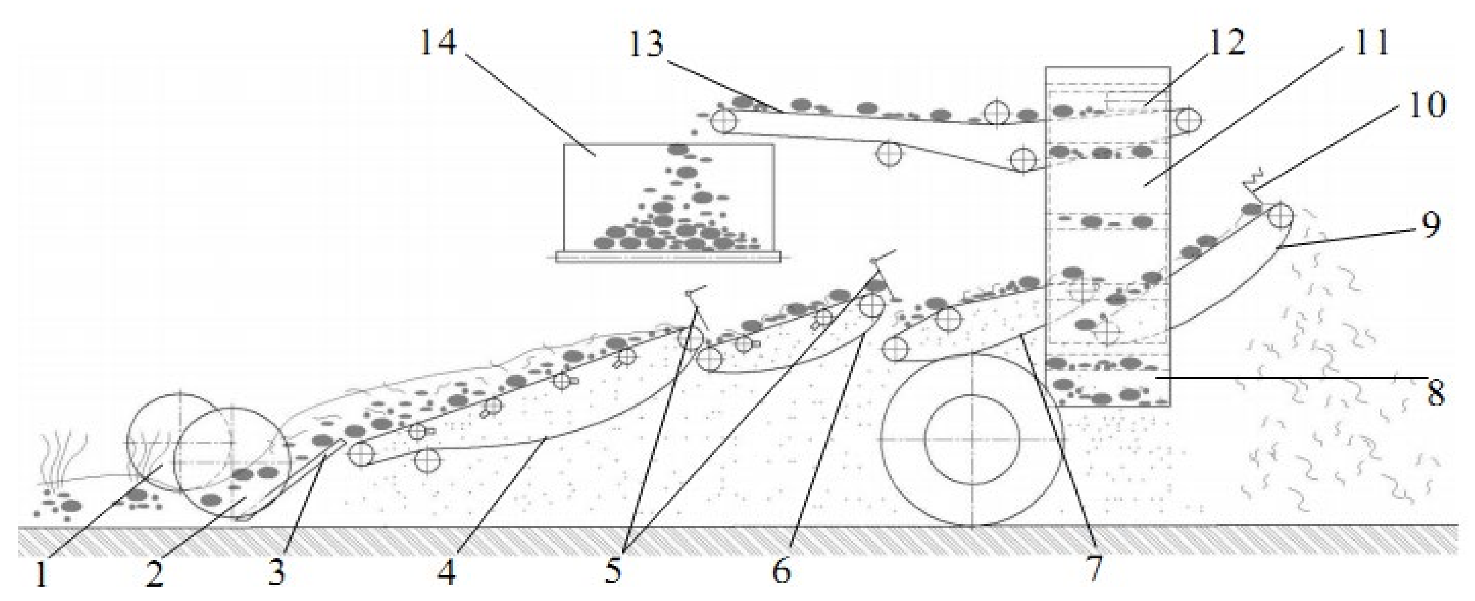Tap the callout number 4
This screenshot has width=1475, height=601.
pyautogui.click(x=447, y=572)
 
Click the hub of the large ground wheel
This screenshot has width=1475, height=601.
pyautogui.click(x=972, y=438)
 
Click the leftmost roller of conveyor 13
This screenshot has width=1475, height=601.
pyautogui.click(x=724, y=120)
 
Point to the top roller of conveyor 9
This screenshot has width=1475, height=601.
pyautogui.click(x=1280, y=216)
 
